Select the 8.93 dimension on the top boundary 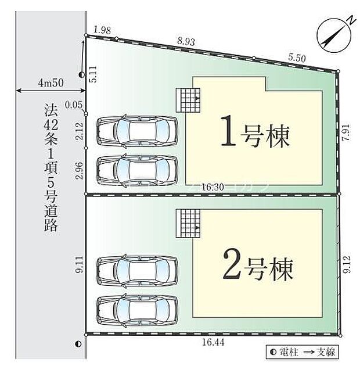pyautogui.click(x=186, y=41)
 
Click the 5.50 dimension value pyautogui.click(x=297, y=58)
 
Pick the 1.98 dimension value pyautogui.click(x=102, y=30)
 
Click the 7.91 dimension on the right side pyautogui.click(x=345, y=133)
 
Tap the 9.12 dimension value pyautogui.click(x=346, y=265)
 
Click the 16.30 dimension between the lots pyautogui.click(x=214, y=187)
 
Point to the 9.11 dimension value pyautogui.click(x=79, y=265)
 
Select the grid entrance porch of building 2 pyautogui.click(x=189, y=223)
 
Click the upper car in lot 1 pyautogui.click(x=137, y=130)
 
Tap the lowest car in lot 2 pyautogui.click(x=137, y=310)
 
